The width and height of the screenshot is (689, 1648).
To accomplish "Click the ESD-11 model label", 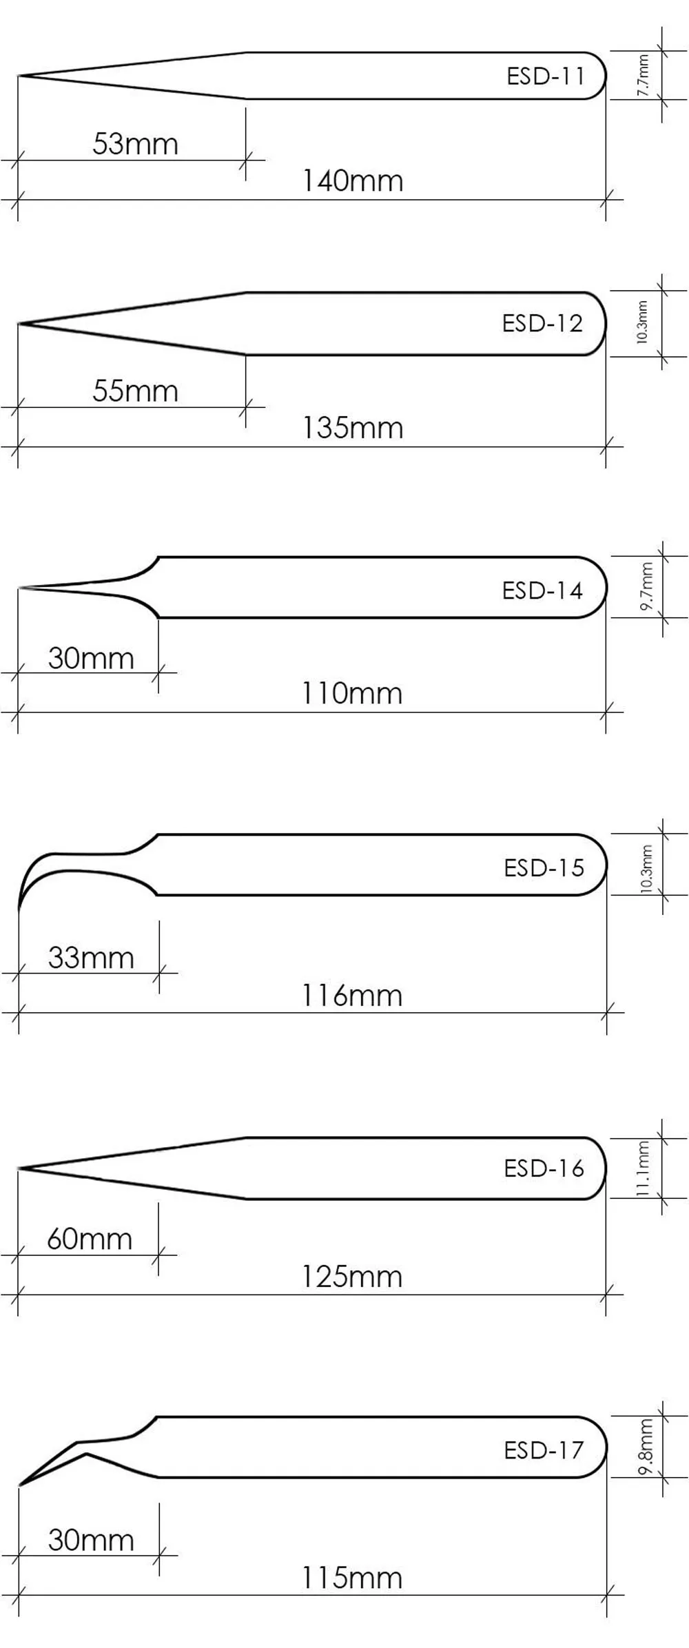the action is point(546,76).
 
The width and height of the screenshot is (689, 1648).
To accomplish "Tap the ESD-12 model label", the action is point(542,323).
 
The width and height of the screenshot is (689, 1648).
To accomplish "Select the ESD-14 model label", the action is point(542,590).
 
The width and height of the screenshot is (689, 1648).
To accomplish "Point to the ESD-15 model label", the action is point(544,867).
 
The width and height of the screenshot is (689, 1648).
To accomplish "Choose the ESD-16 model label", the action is point(544,1168).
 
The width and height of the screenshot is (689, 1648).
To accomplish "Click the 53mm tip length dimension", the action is point(135,143).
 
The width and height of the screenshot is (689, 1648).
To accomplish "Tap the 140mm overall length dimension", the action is point(353,181).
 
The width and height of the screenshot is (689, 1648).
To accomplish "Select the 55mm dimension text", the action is point(135,391).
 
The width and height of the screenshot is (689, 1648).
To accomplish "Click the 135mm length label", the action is point(353,428).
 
